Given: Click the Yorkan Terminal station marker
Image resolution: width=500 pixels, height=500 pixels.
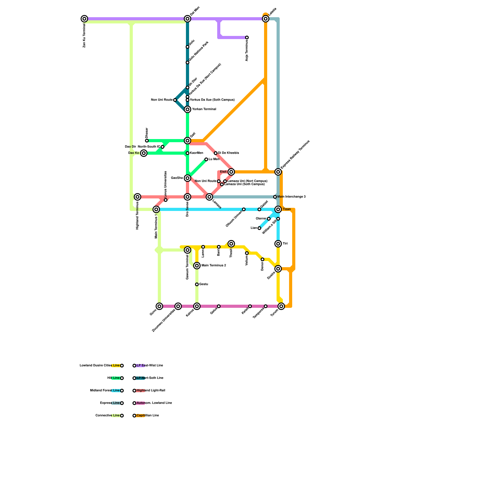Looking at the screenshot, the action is click(x=187, y=109).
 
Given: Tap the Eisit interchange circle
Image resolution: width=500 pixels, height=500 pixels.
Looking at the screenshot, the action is click(x=231, y=172).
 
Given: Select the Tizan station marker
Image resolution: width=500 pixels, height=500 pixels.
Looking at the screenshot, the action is click(x=278, y=209).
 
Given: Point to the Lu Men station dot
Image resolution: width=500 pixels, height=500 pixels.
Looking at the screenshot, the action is click(x=206, y=159).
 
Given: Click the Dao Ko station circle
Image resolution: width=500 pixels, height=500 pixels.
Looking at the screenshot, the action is click(x=144, y=153).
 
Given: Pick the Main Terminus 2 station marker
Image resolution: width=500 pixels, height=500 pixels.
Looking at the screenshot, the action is click(x=197, y=266).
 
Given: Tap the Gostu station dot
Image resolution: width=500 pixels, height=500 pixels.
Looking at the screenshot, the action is click(x=197, y=284).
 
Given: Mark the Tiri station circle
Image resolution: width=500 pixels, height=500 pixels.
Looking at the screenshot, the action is click(x=278, y=244).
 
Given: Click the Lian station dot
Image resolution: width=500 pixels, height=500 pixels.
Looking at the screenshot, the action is click(x=259, y=228).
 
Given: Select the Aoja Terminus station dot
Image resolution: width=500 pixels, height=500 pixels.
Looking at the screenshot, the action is click(x=247, y=37).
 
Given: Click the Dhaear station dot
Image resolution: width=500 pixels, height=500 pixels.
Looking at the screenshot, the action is click(x=147, y=141).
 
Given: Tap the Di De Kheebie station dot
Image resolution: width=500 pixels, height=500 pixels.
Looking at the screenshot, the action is click(x=216, y=153).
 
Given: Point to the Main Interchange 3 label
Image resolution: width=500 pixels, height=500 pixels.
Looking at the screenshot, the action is click(x=291, y=197).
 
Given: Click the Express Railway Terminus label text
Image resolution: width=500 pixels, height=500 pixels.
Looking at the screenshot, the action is click(x=295, y=154).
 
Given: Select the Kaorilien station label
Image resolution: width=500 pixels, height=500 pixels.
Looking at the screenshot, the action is click(x=197, y=153).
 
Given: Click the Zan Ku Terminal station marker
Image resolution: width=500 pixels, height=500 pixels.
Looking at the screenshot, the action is click(x=84, y=19).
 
